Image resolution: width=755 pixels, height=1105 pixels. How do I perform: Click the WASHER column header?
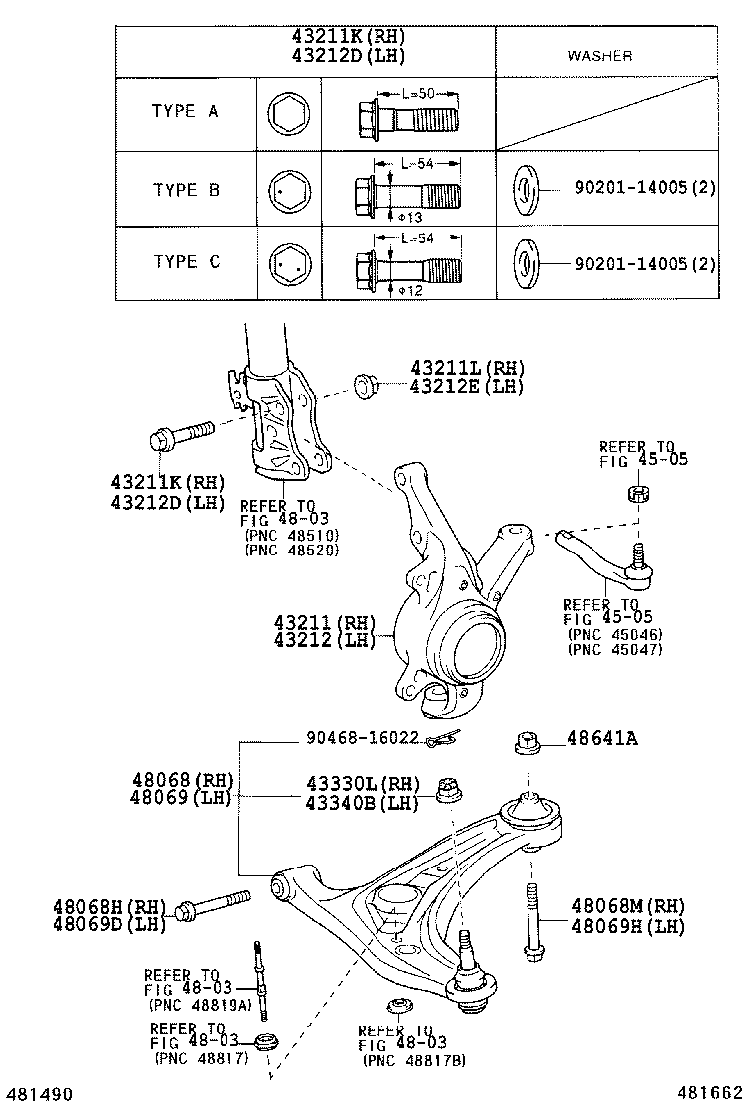click(x=599, y=56)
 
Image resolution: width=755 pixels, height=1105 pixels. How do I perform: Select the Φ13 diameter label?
click(x=408, y=216)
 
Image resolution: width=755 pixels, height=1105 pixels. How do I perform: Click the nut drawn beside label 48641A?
click(x=527, y=744)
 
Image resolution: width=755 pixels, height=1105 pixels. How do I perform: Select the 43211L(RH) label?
click(x=466, y=368)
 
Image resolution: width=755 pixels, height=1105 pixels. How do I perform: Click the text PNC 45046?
click(x=615, y=634)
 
